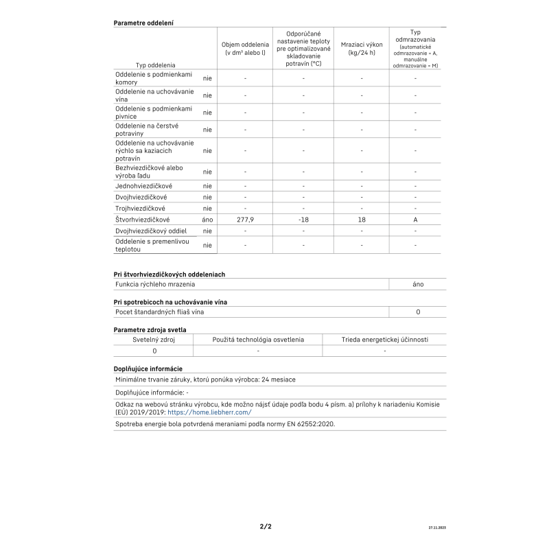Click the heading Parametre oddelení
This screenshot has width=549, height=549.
pos(143,23)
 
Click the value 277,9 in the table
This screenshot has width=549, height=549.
pos(245,220)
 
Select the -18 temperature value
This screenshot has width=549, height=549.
pos(303,220)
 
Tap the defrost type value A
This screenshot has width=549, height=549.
pos(415,220)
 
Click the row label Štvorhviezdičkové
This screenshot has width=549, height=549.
pos(142,220)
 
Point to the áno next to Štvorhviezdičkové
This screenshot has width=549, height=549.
pos(207,220)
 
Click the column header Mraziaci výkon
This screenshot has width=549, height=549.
pos(362,49)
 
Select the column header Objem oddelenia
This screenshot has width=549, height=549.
pos(245,49)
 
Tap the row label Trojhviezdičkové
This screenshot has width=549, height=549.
pos(140,208)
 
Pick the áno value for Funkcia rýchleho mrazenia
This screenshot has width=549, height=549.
pos(418,284)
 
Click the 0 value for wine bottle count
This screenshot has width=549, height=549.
pos(418,312)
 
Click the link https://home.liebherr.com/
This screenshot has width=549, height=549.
pos(209,412)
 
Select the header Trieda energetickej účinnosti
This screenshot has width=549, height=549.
pos(384,340)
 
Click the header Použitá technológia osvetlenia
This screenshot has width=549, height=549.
pos(258,340)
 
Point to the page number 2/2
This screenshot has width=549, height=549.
pos(266,526)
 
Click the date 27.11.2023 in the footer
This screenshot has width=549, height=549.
pos(436,528)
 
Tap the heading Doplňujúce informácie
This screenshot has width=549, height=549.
pos(148,369)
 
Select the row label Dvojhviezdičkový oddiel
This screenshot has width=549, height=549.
pos(150,231)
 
